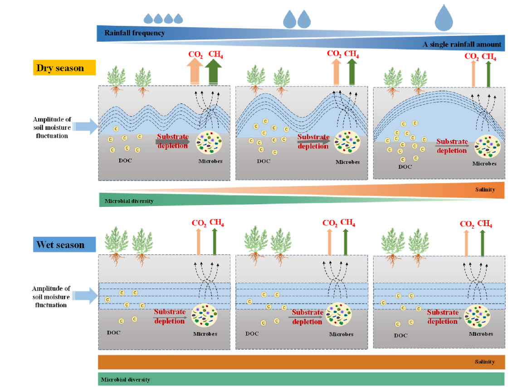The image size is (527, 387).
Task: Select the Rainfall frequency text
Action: coord(135,33)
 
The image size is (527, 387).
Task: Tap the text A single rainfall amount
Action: coord(462,44)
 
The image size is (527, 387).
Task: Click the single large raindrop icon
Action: coord(444,18)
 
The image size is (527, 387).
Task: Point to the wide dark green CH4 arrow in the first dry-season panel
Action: coord(213,73)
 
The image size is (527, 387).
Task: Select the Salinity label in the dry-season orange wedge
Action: coord(485,190)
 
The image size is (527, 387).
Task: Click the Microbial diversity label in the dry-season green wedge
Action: coord(129,201)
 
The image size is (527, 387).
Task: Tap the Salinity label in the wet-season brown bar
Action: coord(485,362)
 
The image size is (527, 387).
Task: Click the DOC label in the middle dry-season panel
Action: coord(263,161)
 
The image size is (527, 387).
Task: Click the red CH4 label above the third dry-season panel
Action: coord(488,57)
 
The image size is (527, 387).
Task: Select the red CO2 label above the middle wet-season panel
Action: coord(330,223)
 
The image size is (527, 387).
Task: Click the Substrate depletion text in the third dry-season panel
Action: coord(452,146)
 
